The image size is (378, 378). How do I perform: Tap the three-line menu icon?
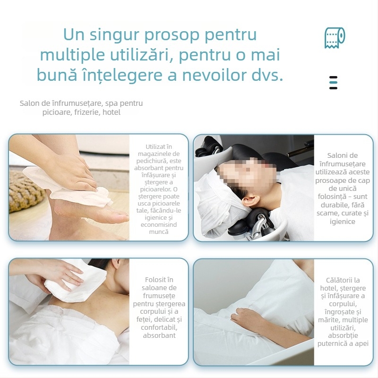(x=333, y=82)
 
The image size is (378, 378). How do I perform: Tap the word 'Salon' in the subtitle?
(x=30, y=103)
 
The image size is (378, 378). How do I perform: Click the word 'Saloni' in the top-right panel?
(x=342, y=155)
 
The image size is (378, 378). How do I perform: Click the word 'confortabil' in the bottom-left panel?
(x=159, y=327)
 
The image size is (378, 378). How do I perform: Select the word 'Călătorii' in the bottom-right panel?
(x=343, y=280)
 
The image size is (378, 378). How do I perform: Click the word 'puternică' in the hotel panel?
(x=333, y=344)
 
